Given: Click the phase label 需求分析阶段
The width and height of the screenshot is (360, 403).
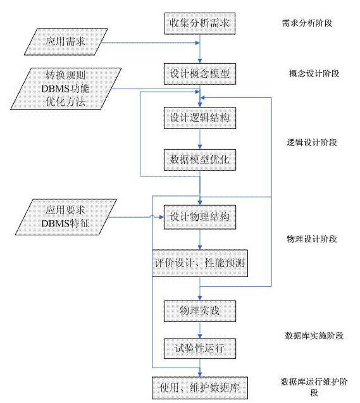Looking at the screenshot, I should coord(307,23).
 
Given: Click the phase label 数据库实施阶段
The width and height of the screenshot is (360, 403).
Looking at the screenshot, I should coord(314,336).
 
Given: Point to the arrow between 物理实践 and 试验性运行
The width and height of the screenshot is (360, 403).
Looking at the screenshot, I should coord(200,330).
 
